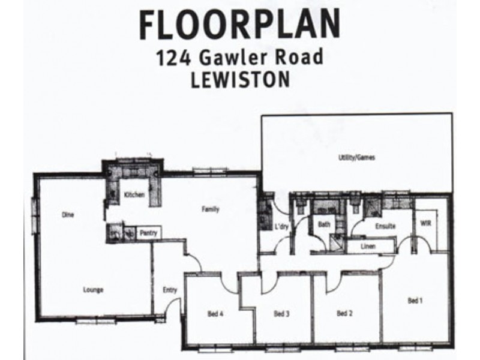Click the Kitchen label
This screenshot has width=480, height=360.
133,195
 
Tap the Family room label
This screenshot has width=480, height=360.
210,210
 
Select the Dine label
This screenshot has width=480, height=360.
67,214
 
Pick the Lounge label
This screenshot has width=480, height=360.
93,290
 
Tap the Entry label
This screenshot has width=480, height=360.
170,290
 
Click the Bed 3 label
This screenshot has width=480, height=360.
282,313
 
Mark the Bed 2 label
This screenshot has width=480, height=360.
344,313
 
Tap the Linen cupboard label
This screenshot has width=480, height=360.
368,245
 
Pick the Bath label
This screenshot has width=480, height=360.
324,225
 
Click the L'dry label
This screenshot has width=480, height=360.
281,227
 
